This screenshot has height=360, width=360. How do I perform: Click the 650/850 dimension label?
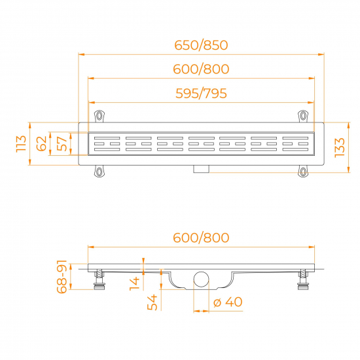pos(201,45)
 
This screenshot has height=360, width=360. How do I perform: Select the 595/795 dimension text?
pos(201,93)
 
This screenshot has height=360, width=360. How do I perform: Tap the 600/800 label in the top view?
pos(201,69)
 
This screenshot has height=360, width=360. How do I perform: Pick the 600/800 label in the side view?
pos(201,237)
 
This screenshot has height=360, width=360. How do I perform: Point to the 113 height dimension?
pos(22,143)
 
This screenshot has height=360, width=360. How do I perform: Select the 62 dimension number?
pos(41,143)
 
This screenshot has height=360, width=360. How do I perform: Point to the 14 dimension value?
pos(134,283)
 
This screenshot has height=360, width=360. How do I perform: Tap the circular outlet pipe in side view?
pos(200,279)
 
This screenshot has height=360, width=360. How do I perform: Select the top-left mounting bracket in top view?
pos(99,116)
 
